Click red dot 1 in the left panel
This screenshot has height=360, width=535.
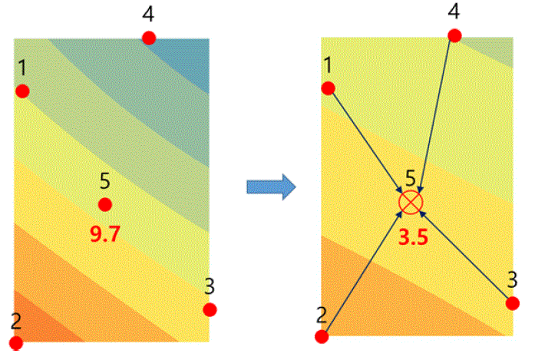(x=22, y=91)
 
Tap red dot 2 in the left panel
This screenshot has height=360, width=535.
(x=15, y=343)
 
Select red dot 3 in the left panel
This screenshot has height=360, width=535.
(x=210, y=310)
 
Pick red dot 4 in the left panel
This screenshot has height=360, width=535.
(x=149, y=38)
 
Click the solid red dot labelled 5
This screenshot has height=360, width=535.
(x=104, y=205)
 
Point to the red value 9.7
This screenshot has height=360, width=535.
(x=105, y=234)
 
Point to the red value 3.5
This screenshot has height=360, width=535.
(x=413, y=237)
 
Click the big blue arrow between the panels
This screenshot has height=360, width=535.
(x=271, y=187)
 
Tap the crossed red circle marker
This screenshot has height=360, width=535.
(x=411, y=203)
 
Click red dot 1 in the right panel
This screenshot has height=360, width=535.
(x=329, y=88)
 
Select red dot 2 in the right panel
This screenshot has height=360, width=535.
(x=322, y=336)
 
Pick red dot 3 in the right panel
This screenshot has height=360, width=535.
(x=513, y=303)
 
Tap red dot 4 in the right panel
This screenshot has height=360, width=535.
(x=454, y=35)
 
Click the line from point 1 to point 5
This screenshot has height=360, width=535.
(x=368, y=143)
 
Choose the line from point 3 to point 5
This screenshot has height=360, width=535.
(x=464, y=255)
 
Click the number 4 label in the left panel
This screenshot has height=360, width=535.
(x=148, y=15)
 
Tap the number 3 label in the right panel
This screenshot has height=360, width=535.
(x=512, y=280)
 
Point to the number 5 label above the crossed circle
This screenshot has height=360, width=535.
(x=411, y=178)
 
